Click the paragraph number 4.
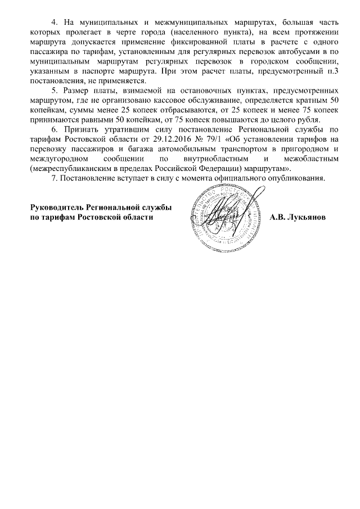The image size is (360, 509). (54, 22)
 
